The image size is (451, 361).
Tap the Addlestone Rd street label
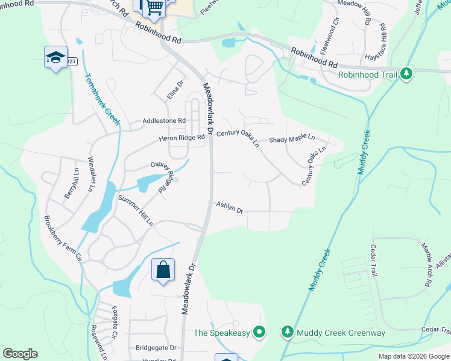click(x=163, y=120)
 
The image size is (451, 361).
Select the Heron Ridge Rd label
click(x=182, y=137)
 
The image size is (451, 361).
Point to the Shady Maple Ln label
click(x=292, y=138)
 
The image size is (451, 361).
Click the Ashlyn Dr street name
click(x=229, y=208)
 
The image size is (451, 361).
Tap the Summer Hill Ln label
click(x=136, y=210)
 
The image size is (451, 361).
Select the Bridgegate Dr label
click(x=156, y=347)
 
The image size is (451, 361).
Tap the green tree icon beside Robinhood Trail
click(x=406, y=74)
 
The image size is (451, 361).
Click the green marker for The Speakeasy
click(x=260, y=332)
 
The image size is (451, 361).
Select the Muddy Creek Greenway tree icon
click(x=287, y=332)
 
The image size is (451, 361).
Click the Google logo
click(x=20, y=354)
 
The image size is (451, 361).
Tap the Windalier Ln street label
click(x=91, y=174)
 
